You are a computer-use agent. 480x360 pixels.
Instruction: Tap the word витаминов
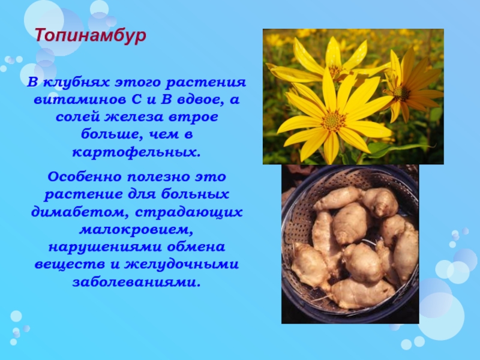[80, 100]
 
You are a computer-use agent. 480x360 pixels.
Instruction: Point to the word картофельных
[136, 152]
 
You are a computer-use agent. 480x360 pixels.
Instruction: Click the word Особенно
[85, 176]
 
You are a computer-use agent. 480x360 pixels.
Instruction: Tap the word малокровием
[136, 230]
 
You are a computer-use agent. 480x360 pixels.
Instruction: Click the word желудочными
[182, 265]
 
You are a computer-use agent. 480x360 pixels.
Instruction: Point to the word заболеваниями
[137, 282]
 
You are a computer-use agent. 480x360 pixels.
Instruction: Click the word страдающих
[188, 212]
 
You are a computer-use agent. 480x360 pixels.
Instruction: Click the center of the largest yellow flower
[334, 121]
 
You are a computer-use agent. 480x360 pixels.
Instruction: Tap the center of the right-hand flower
[401, 92]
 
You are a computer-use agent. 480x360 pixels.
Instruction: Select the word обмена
[196, 247]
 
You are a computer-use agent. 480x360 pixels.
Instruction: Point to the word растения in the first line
[206, 83]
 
